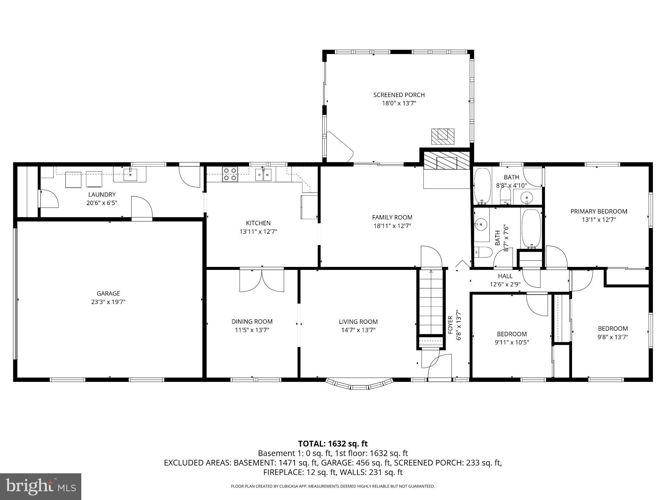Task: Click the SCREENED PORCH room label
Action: pos(399,95)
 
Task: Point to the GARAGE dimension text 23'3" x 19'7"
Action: pos(108,302)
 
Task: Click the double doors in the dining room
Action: pos(262,280)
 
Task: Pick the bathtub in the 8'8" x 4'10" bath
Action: pos(482,186)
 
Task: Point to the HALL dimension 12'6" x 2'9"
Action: pos(505,284)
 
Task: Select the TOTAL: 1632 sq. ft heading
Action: pos(333,443)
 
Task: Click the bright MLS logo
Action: pos(40,486)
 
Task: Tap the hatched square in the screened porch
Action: pos(443,136)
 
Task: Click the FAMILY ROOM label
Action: pos(392,217)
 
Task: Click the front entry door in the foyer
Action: pos(439,366)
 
